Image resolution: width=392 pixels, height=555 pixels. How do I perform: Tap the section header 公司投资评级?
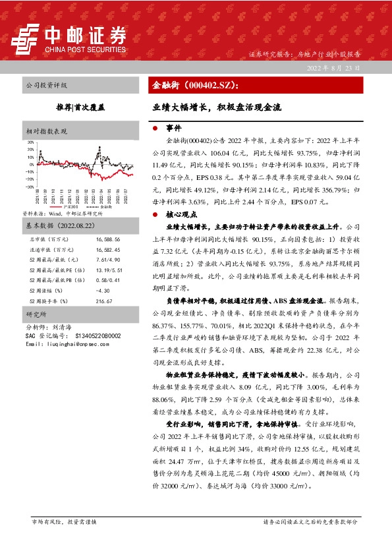(45, 86)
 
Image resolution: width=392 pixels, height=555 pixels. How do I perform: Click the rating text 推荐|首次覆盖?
(80, 105)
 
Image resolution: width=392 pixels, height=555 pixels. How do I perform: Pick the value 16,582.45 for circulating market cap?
(108, 250)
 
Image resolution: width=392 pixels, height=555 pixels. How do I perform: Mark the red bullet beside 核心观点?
(154, 215)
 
